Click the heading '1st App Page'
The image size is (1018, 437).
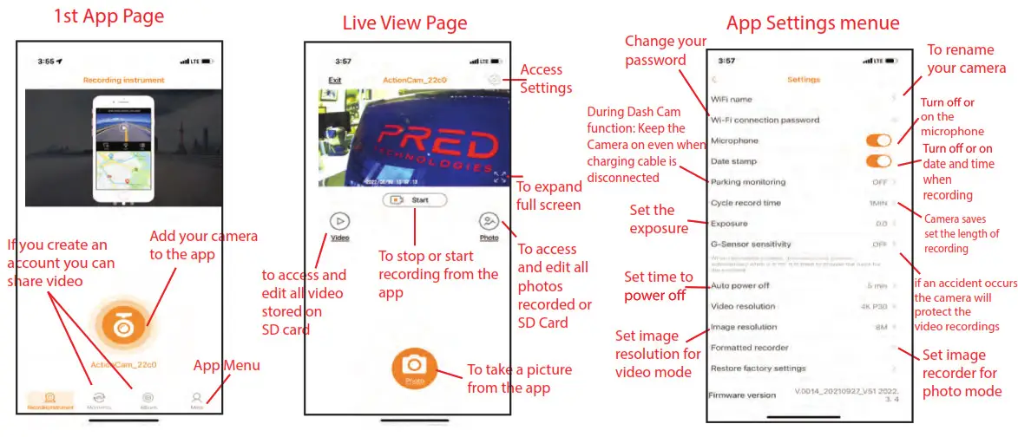[x=108, y=16]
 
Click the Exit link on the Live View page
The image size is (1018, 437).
[x=334, y=80]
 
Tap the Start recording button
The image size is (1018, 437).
[x=415, y=199]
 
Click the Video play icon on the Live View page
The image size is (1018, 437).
[x=340, y=221]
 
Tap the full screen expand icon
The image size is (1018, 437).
[x=500, y=177]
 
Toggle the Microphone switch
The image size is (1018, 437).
[x=878, y=140]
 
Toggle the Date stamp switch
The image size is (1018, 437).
[x=878, y=161]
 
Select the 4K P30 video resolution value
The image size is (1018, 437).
[x=870, y=306]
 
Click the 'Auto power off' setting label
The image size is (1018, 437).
[x=739, y=285]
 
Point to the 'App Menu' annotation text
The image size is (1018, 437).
[x=227, y=365]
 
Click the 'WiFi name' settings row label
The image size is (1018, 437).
[x=731, y=100]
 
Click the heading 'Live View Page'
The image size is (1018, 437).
[x=404, y=23]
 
